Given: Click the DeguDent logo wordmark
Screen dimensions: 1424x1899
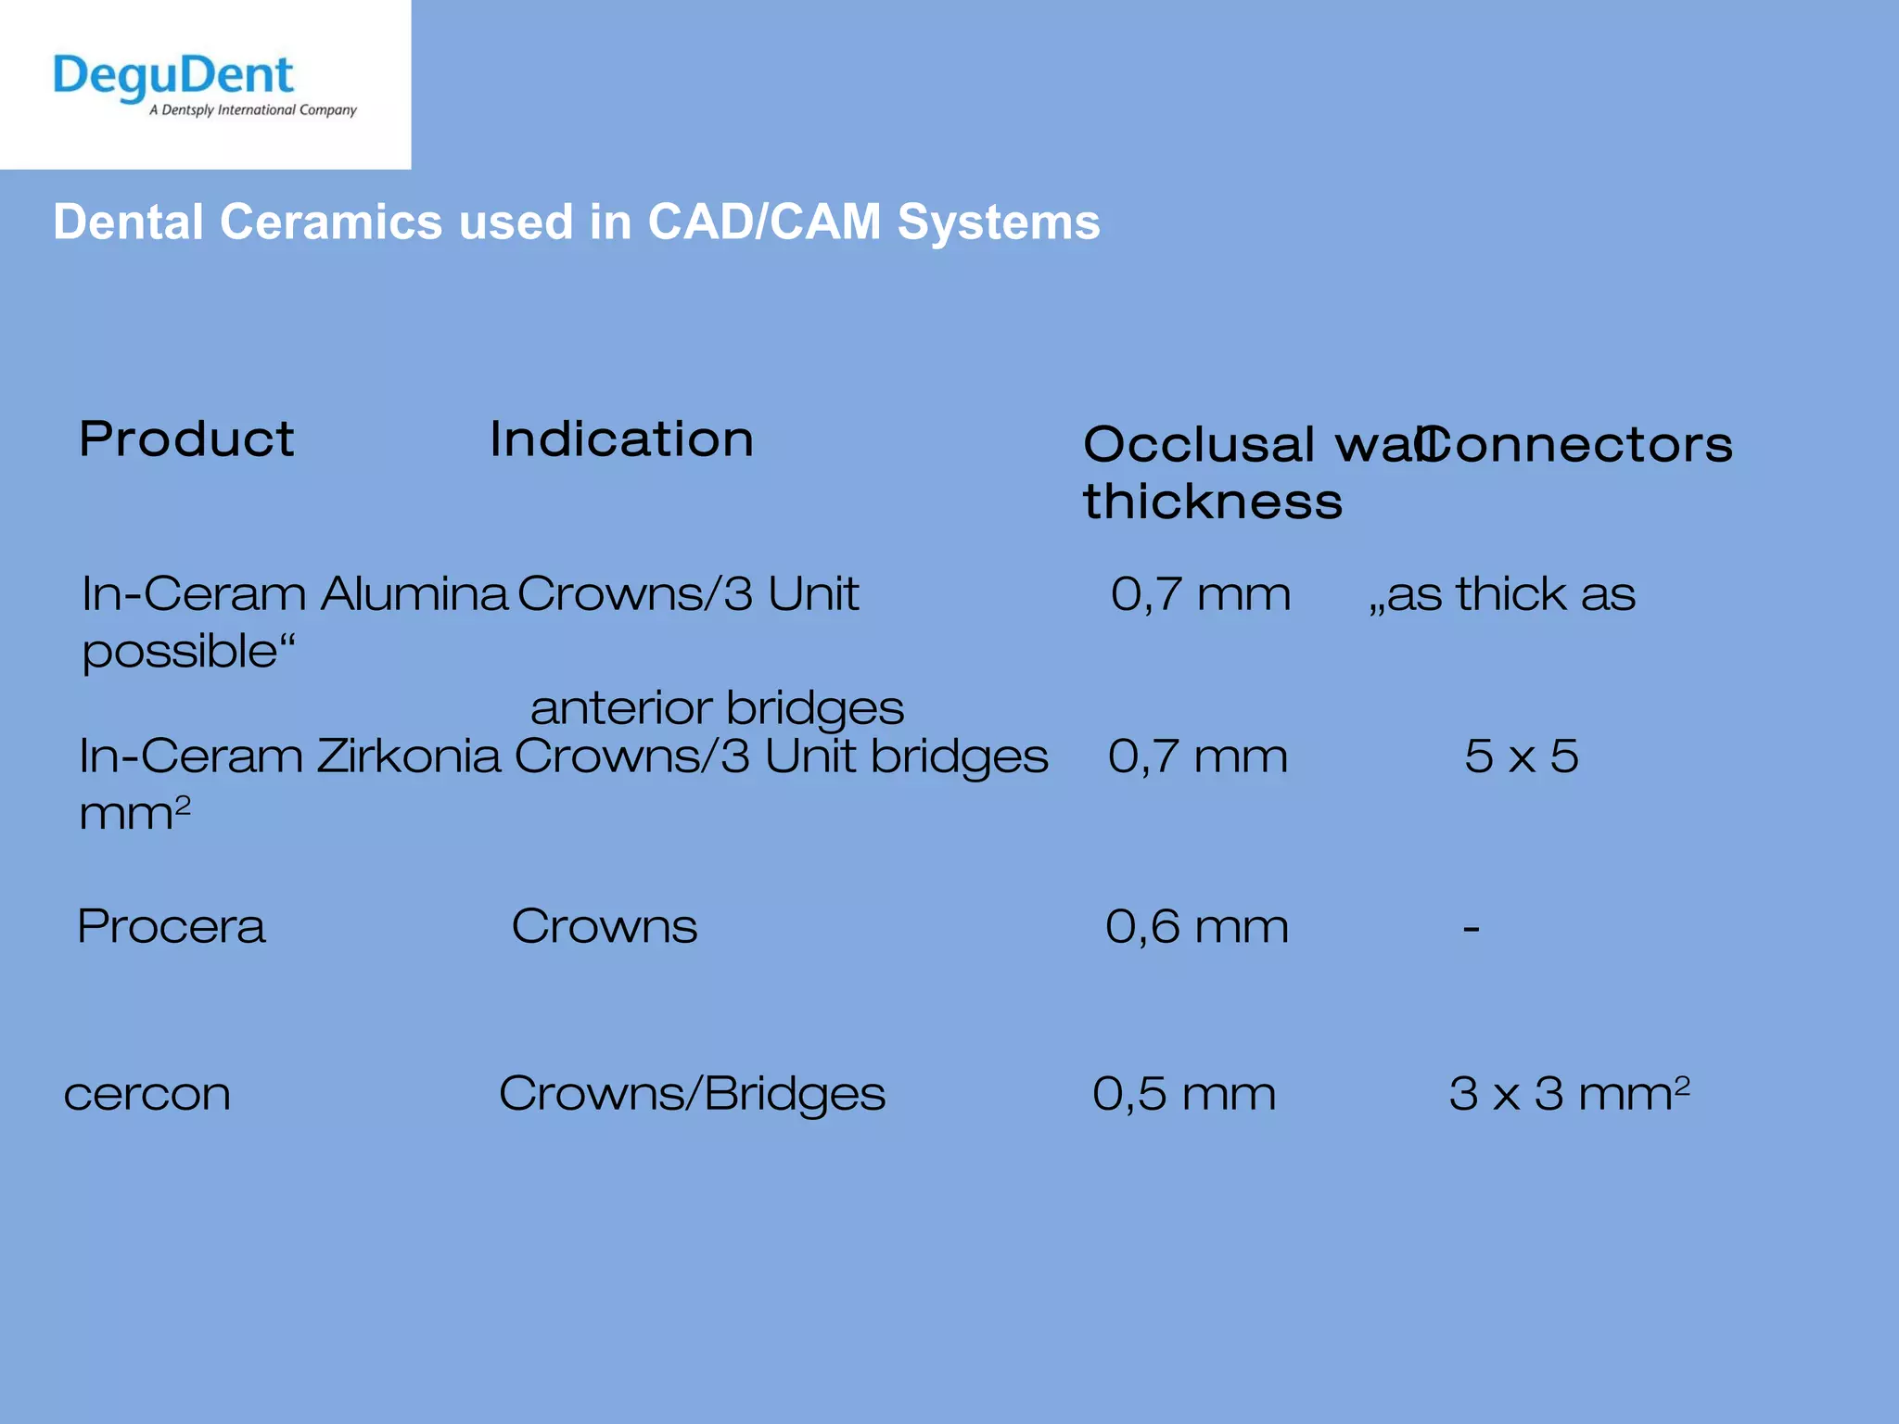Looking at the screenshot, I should pos(173,76).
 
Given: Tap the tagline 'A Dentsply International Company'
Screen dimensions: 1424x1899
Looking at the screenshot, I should pos(252,110).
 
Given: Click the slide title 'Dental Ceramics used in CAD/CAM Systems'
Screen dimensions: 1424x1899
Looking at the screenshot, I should pos(576,222).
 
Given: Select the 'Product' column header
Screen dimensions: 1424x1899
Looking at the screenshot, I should pos(186,439).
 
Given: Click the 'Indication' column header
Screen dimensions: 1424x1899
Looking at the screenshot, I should pos(621,439).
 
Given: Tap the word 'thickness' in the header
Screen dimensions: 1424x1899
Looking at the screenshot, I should pos(1212,502).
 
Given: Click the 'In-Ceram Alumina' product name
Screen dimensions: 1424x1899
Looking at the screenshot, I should pos(294,594).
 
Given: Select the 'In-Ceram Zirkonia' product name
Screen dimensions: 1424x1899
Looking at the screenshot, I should pos(289,756).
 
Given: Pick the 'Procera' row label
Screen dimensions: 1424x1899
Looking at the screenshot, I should pos(172,927).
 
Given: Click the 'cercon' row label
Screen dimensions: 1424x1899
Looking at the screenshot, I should pos(147,1095).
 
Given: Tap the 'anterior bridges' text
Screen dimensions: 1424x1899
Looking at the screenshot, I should pos(717,708).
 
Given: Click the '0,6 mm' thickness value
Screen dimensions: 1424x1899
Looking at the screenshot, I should pos(1196,927).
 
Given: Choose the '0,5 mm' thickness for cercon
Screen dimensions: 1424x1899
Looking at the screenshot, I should pos(1184,1094).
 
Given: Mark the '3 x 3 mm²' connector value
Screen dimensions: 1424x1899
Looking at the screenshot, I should pos(1569,1094).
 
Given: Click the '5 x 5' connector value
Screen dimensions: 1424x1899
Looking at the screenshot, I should pos(1521,756).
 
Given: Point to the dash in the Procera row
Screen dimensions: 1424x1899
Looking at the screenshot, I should pos(1471,928).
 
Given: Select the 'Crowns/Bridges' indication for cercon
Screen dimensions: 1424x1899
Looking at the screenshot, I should pos(692,1094).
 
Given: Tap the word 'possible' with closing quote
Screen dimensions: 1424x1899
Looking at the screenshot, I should pos(188,652).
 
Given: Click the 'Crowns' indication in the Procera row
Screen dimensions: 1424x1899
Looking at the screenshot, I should pos(604,927).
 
